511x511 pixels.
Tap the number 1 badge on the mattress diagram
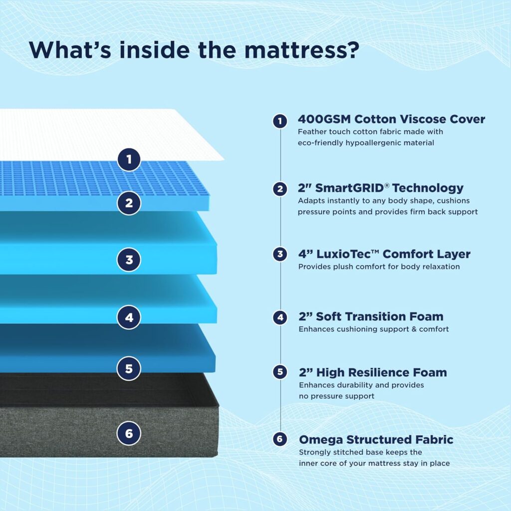129,159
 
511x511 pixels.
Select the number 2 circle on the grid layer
129,203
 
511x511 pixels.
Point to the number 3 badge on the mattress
129,259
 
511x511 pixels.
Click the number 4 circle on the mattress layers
129,317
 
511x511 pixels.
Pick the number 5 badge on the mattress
129,369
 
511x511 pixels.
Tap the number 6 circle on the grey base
129,433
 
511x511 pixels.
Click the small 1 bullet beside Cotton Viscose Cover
280,121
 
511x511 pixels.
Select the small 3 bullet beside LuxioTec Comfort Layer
280,254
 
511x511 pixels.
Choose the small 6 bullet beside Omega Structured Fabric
280,439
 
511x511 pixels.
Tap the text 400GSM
324,119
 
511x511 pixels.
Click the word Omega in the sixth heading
321,440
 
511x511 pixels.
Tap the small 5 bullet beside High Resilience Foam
280,372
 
